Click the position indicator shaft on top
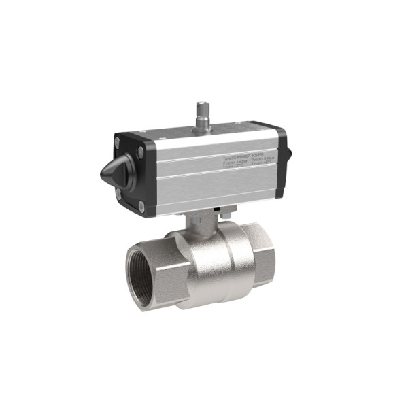[202, 112]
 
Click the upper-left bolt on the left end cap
[117, 142]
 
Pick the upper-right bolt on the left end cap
[140, 153]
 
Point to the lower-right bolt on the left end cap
[141, 206]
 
